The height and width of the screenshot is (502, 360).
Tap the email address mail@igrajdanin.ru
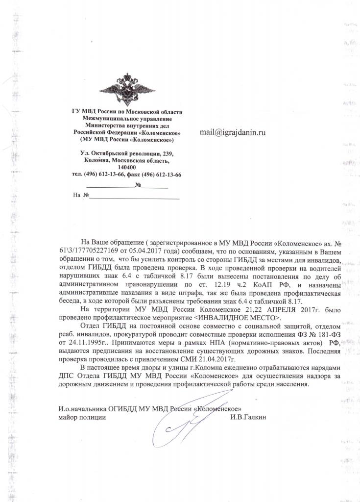233,132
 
